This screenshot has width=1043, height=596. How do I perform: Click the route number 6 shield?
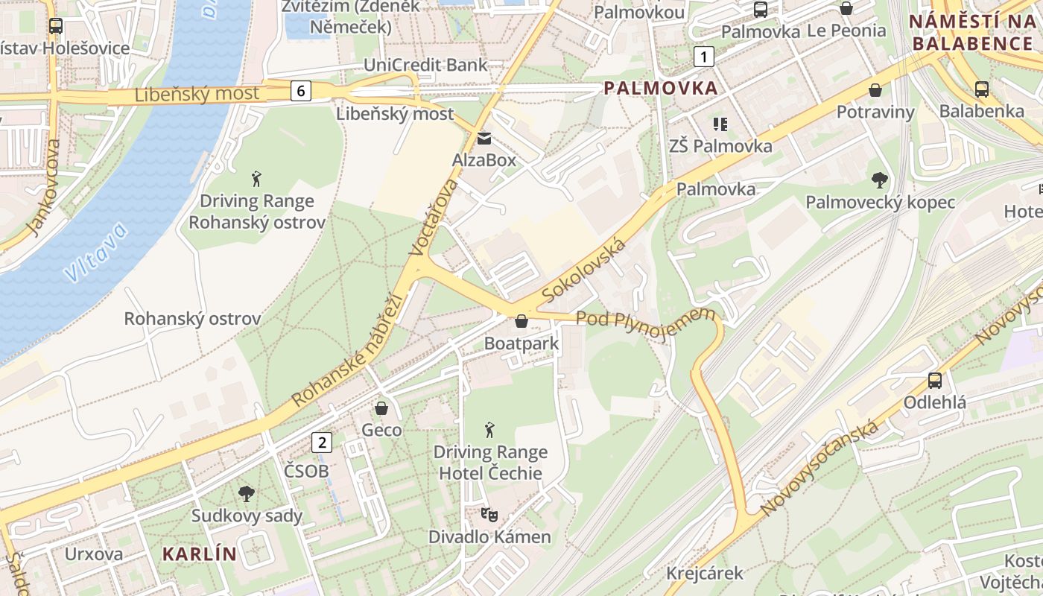[300, 91]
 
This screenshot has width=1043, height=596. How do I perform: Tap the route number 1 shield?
[703, 56]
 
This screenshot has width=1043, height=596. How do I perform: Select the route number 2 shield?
[322, 442]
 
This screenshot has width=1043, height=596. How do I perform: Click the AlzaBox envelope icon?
[484, 139]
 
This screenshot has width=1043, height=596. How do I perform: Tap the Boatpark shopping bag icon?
[521, 321]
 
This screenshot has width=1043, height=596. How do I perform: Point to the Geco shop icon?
[381, 408]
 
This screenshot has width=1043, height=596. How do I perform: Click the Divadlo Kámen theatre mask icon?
[489, 514]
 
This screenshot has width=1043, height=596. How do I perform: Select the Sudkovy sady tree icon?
[246, 493]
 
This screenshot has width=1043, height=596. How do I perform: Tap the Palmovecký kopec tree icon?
[880, 180]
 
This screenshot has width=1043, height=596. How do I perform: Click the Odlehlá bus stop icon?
[934, 381]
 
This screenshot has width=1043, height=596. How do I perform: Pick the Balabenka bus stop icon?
[981, 89]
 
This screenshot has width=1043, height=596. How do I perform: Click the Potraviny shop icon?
[875, 90]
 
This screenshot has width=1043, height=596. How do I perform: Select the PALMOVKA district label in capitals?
[661, 88]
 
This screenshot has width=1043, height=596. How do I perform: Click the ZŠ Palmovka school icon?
[720, 124]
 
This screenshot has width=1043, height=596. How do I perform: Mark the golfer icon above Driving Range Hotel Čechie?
[489, 430]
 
